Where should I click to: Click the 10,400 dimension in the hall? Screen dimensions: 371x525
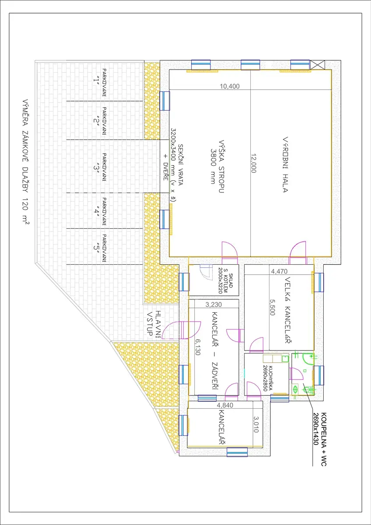(230, 86)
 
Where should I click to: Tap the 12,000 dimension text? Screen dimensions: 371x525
(254, 163)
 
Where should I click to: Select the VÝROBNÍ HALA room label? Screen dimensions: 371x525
(285, 164)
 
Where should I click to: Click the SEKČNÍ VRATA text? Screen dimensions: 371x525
(180, 165)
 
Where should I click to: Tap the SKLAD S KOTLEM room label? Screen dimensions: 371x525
(225, 280)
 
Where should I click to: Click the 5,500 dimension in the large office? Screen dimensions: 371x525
(272, 307)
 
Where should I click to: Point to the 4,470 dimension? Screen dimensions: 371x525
(279, 271)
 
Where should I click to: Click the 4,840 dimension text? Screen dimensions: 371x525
(225, 405)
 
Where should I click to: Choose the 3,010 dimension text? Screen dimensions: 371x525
(256, 424)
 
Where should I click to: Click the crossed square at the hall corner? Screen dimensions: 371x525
(318, 65)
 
